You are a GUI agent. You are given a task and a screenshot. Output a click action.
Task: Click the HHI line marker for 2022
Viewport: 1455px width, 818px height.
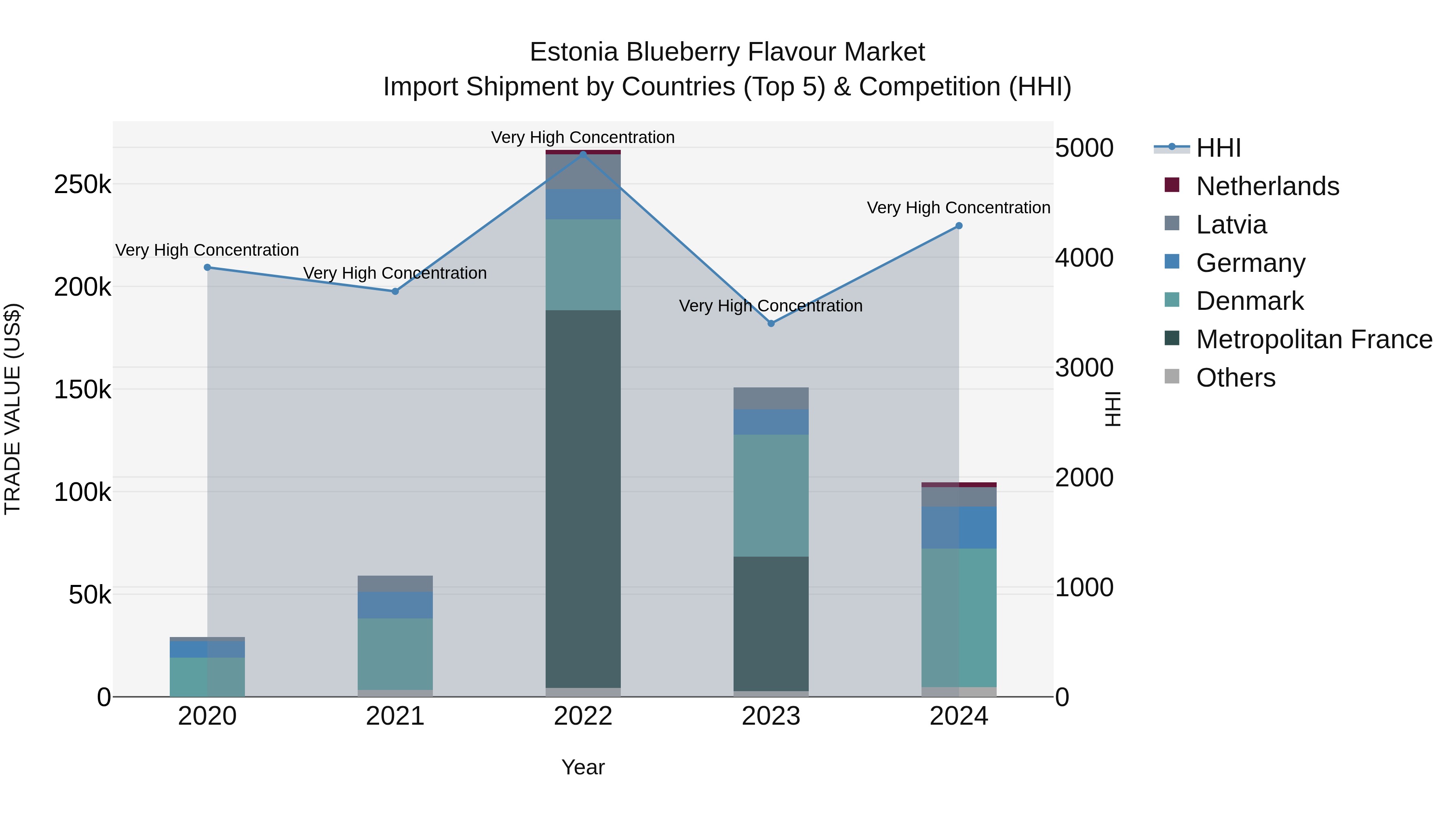[583, 154]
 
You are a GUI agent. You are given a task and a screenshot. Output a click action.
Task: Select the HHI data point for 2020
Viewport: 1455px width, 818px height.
[207, 267]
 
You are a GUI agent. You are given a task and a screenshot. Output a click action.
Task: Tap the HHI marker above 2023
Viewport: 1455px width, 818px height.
[771, 324]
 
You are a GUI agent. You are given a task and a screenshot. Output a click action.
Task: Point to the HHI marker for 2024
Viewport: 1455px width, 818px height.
[959, 226]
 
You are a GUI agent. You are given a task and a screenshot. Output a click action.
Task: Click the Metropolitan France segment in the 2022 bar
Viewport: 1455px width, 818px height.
[583, 497]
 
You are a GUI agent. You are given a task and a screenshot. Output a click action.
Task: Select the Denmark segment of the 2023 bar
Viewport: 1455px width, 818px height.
[771, 495]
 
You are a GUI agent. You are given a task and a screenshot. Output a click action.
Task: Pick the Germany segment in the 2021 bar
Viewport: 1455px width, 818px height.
[395, 605]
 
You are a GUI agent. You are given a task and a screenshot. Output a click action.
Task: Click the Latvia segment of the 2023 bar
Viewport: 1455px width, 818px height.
[771, 398]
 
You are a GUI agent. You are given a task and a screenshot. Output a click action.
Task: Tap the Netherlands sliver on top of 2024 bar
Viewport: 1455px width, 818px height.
[959, 484]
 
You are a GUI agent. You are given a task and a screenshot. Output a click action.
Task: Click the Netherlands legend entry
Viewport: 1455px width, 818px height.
[1267, 186]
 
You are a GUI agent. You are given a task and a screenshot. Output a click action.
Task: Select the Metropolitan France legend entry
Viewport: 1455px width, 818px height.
[1314, 339]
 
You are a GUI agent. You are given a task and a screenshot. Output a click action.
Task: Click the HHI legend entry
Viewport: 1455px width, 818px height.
[1218, 148]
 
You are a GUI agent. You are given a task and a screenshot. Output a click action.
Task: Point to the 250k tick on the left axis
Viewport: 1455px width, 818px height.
[82, 185]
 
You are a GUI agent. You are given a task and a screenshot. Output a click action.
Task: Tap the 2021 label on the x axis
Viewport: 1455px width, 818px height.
[395, 716]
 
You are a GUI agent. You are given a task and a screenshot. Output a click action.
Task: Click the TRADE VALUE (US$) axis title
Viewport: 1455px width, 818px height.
[13, 409]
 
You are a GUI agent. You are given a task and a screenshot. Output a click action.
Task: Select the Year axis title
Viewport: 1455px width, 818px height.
[583, 767]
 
